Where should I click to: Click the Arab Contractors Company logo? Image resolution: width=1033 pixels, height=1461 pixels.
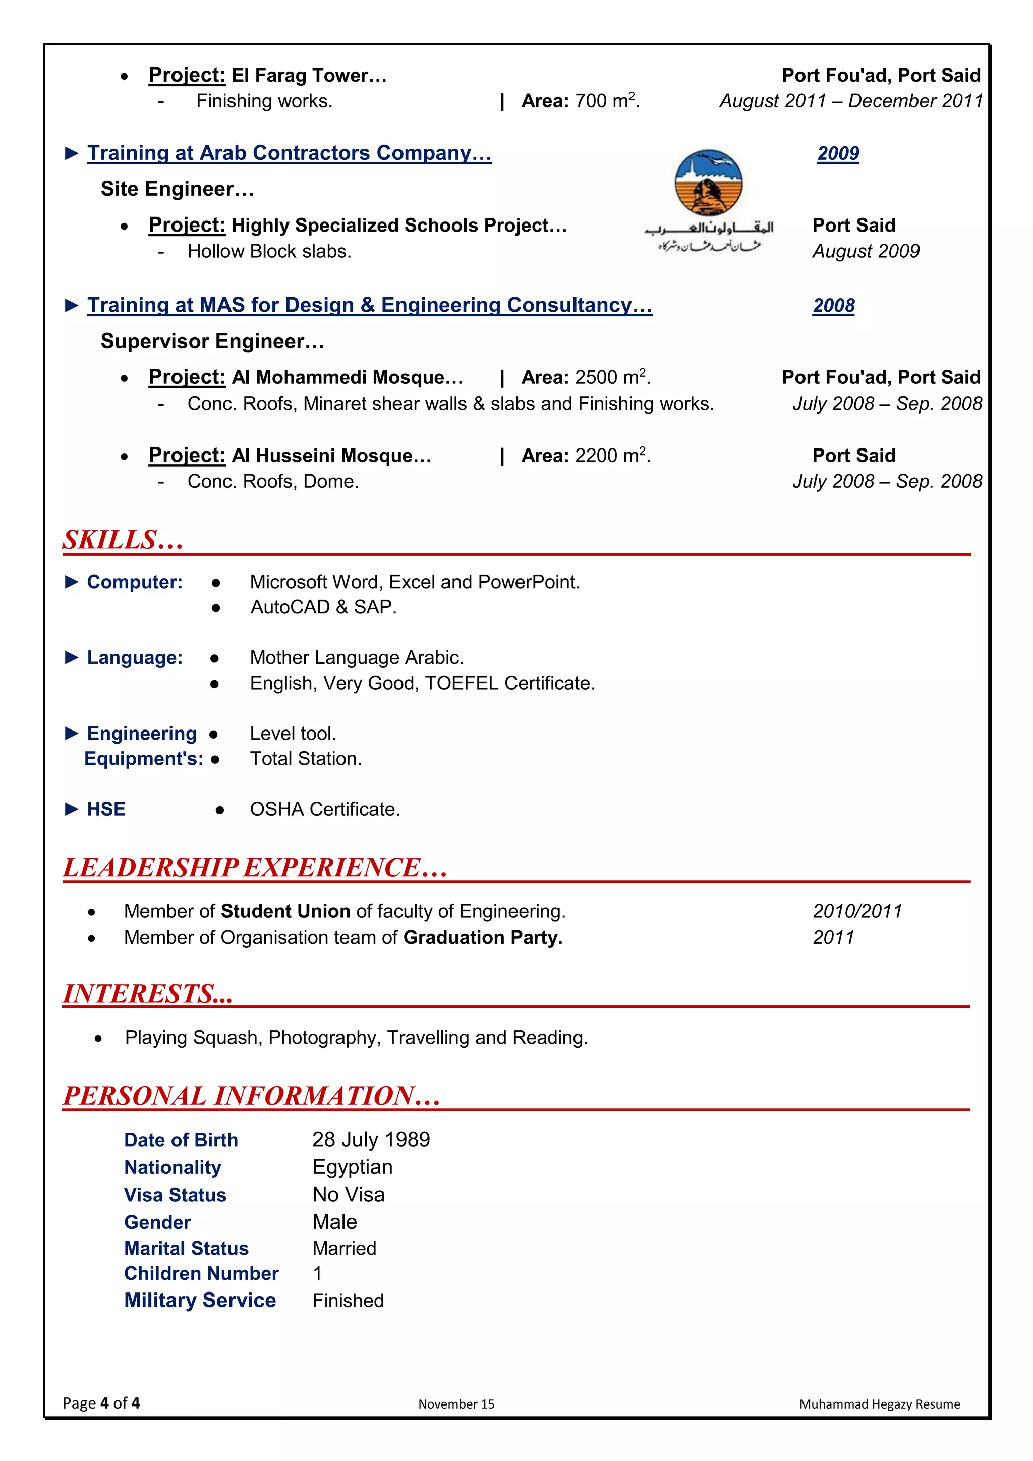click(x=709, y=200)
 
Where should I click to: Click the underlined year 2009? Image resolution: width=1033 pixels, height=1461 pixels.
click(x=838, y=153)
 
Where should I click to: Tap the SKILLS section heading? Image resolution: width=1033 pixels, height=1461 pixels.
click(x=123, y=540)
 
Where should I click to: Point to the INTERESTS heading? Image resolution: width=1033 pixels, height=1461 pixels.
click(x=148, y=993)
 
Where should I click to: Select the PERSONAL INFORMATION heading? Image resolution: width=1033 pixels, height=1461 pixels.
click(x=252, y=1095)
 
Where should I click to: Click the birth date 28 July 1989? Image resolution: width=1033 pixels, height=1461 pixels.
click(x=371, y=1139)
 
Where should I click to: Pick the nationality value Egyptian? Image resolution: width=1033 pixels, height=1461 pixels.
click(x=353, y=1167)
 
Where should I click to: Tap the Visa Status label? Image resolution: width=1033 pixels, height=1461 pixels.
click(x=175, y=1195)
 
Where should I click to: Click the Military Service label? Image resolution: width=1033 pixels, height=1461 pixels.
click(x=200, y=1300)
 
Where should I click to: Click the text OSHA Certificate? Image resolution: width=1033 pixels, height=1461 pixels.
click(x=324, y=809)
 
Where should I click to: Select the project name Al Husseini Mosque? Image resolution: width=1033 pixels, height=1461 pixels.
click(x=331, y=456)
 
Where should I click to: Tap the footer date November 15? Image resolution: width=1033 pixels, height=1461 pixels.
click(x=456, y=1403)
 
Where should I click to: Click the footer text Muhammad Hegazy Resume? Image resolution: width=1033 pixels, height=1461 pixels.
click(x=879, y=1403)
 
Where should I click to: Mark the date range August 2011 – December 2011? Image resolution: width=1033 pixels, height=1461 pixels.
click(x=851, y=101)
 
